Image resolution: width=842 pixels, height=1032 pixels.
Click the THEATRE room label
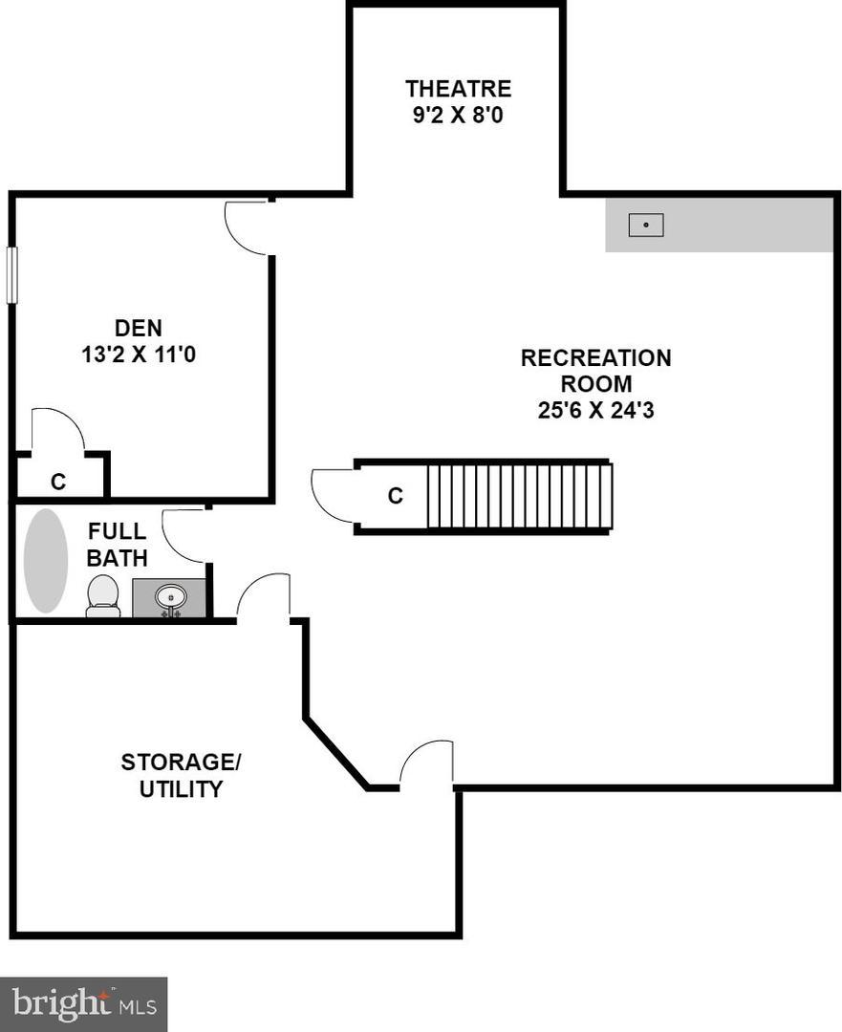click(458, 89)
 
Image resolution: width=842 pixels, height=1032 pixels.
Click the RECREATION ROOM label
click(595, 371)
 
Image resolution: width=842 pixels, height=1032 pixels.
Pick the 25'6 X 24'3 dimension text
click(595, 411)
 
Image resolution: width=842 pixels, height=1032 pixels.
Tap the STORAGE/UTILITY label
click(181, 775)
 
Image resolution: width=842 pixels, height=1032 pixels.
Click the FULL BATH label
click(117, 544)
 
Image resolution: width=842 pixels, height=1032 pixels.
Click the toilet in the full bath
click(102, 596)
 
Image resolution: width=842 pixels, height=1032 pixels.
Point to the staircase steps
click(518, 495)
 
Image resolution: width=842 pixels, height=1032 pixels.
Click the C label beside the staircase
click(395, 496)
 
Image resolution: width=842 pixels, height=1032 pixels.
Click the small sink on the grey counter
click(646, 226)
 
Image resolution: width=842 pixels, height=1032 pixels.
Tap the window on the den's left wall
click(12, 275)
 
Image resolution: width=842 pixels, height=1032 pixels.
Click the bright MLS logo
click(83, 1003)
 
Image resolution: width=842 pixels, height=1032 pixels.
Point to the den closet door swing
click(57, 428)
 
